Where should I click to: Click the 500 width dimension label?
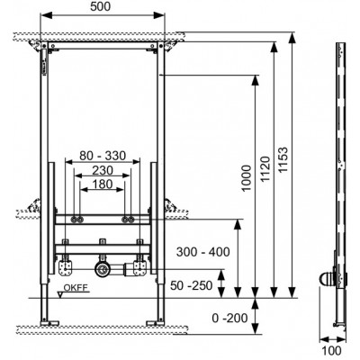coord(101,6)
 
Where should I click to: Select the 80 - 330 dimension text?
coord(103,156)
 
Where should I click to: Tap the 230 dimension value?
coord(103,170)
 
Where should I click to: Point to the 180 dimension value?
coord(103,184)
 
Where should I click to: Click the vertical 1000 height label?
coord(247,178)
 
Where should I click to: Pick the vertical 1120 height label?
coord(265,168)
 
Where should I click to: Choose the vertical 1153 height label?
coord(283,159)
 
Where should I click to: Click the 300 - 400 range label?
coord(202,252)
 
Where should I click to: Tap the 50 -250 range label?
coord(192,285)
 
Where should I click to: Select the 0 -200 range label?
coord(229,318)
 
